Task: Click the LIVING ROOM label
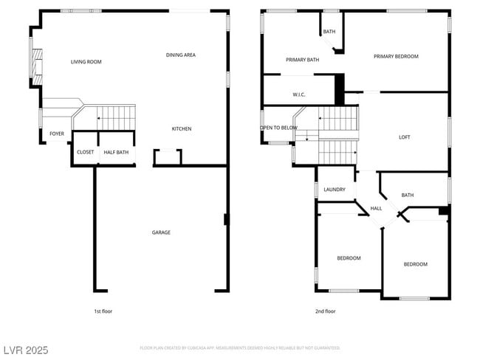point(86,62)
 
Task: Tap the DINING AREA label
point(180,55)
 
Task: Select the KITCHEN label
point(182,129)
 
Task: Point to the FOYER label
point(57,134)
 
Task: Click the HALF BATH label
point(116,153)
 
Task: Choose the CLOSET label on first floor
point(85,153)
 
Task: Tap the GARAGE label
point(161,232)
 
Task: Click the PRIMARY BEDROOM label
point(396,56)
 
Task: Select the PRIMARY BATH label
point(302,60)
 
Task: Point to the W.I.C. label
point(299,94)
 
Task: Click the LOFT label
point(405,136)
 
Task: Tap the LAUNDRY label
point(335,190)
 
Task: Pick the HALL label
point(376,209)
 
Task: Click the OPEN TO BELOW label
point(278,128)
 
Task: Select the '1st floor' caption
point(104,311)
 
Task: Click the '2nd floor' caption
point(325,311)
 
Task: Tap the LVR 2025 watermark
point(26,350)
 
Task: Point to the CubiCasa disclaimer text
point(240,347)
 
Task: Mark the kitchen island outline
point(168,156)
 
